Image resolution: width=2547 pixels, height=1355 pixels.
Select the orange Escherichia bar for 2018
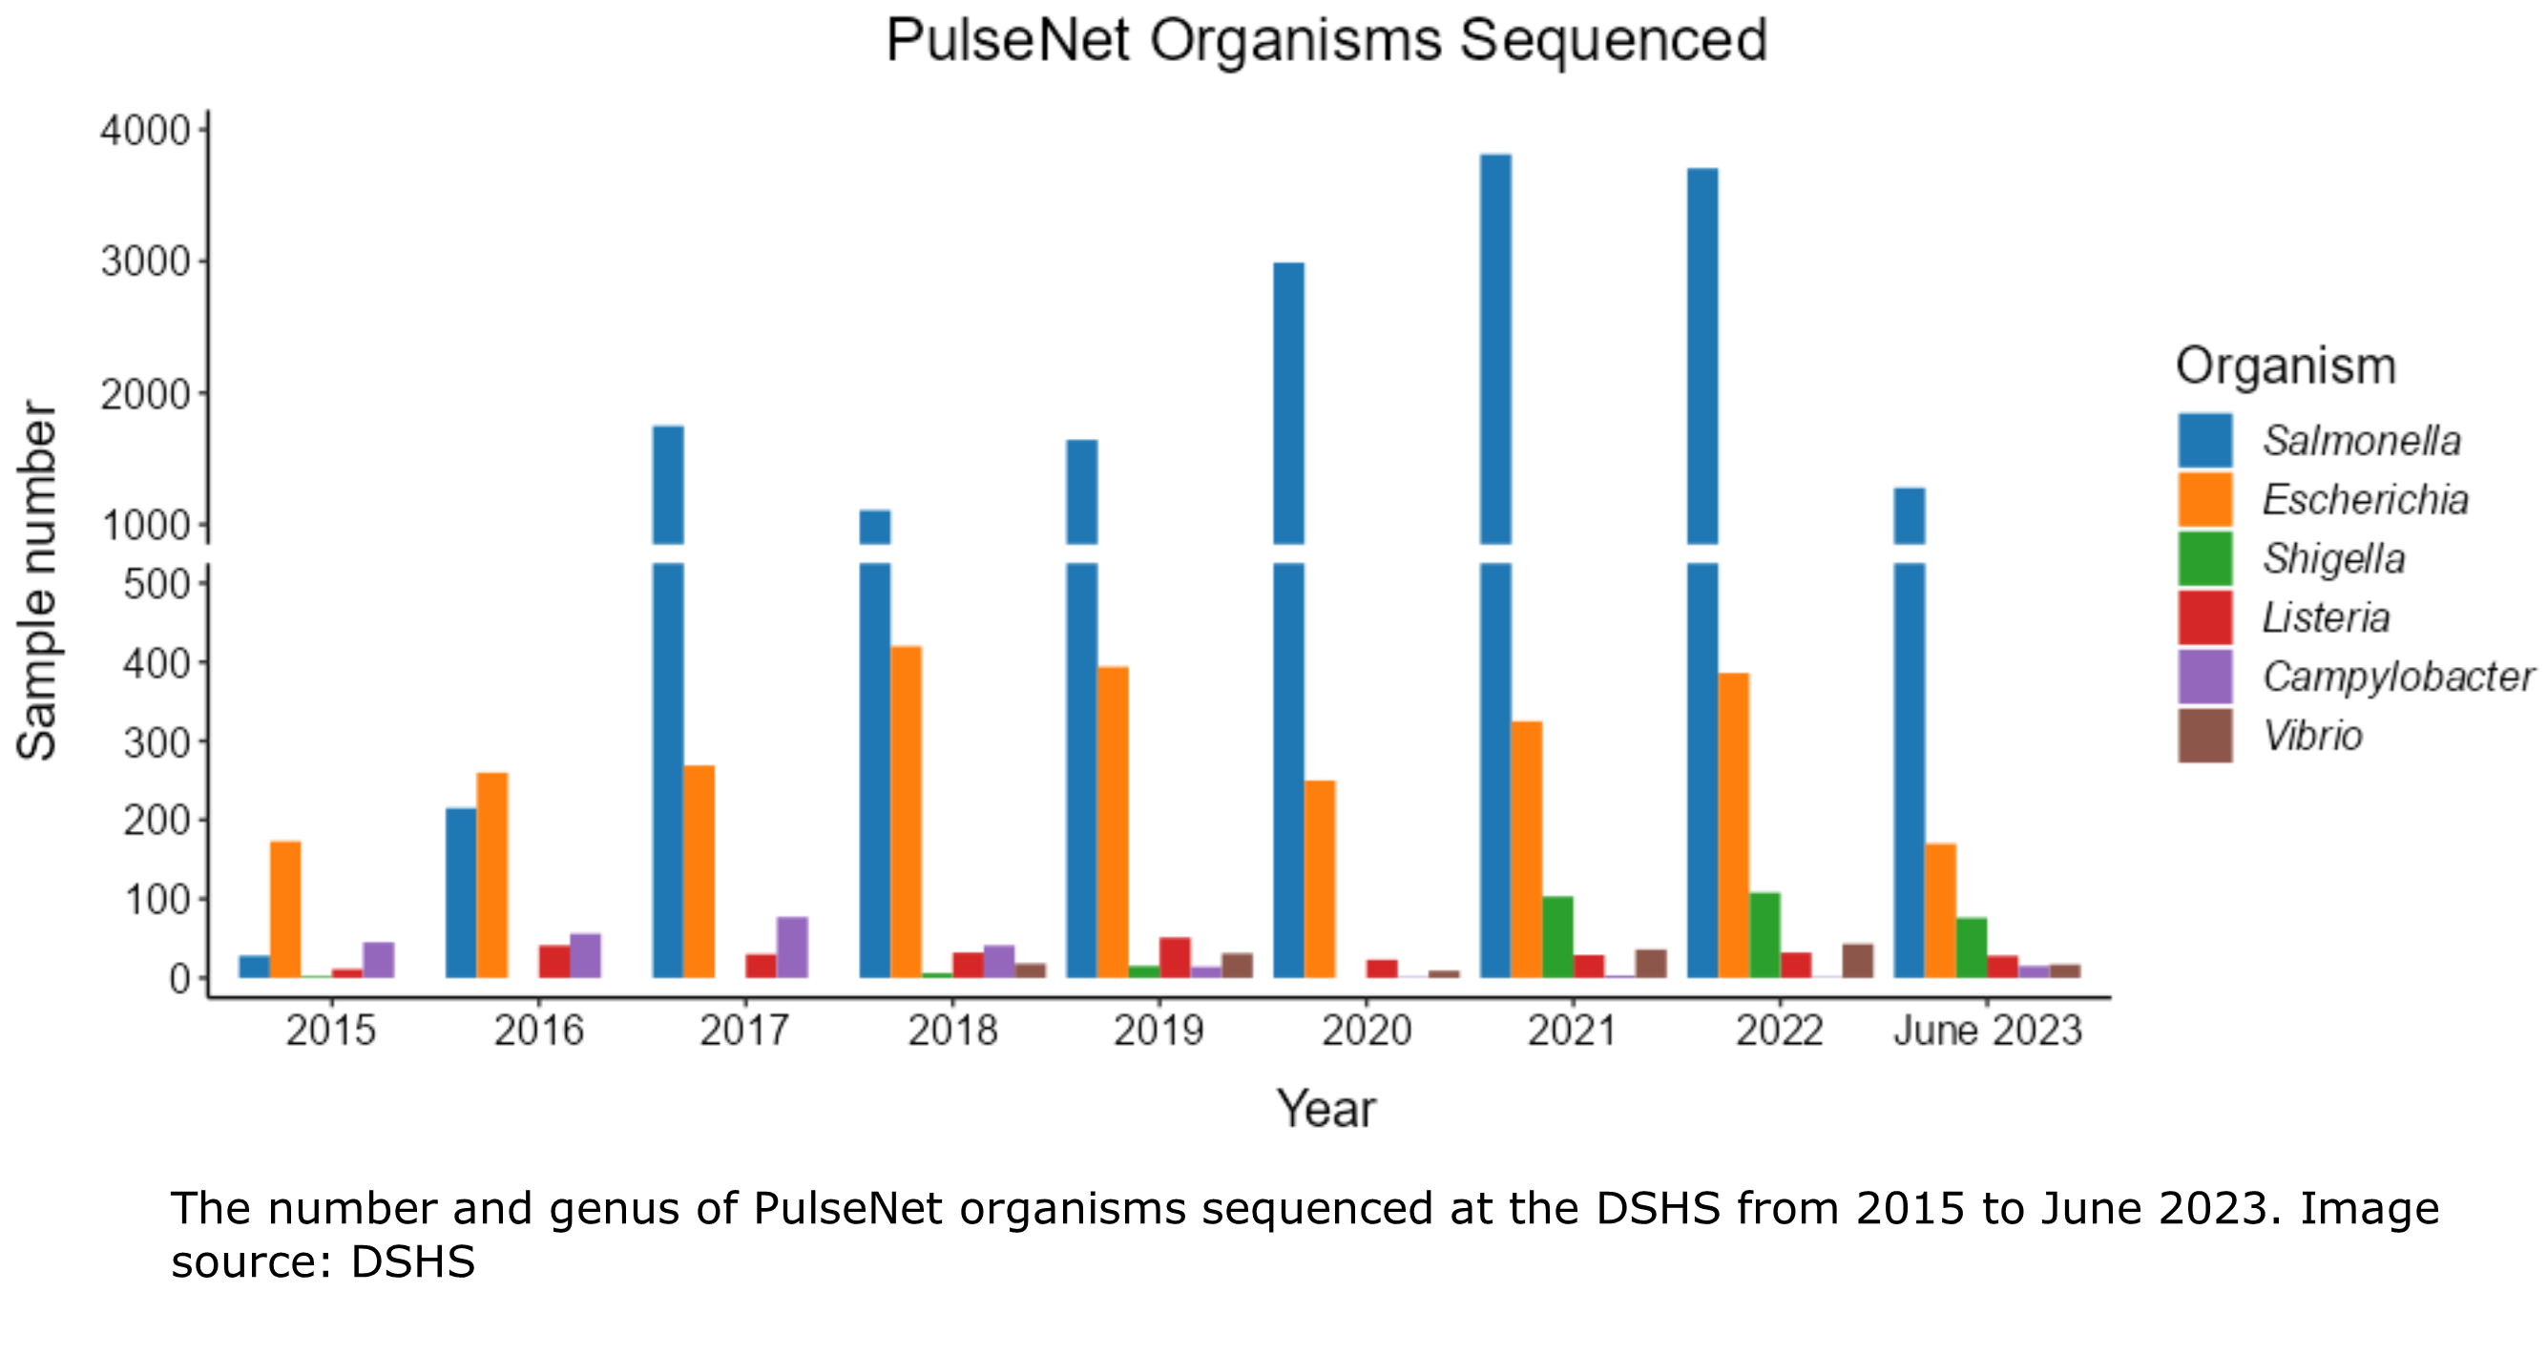[906, 810]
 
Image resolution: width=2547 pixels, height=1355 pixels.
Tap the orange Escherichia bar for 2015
[285, 909]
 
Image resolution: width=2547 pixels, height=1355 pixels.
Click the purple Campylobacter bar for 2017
[792, 947]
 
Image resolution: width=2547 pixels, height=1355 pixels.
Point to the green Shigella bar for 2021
[1557, 937]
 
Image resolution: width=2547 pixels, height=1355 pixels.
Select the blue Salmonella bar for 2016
[461, 892]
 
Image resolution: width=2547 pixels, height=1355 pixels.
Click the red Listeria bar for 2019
[1175, 957]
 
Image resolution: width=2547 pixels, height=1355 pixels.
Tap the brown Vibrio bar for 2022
[1858, 961]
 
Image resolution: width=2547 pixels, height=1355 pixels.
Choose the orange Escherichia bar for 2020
[1319, 879]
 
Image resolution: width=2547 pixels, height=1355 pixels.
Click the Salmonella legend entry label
[2361, 441]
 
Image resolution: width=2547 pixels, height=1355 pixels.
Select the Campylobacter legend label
[2398, 677]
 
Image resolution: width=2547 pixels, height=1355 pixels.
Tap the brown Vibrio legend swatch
[2205, 736]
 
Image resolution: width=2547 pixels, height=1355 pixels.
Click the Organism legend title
[2285, 366]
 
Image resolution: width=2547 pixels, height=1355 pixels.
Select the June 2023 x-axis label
[1988, 1031]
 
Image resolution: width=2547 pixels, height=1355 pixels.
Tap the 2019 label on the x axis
[1159, 1031]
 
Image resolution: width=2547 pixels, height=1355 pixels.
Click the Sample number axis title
[37, 580]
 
